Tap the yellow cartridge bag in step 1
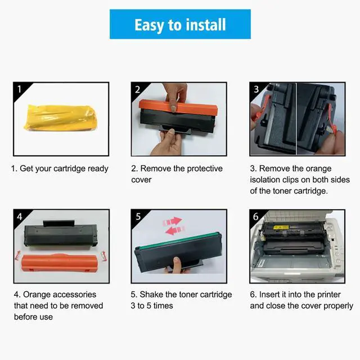click(60, 118)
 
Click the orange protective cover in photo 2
click(178, 108)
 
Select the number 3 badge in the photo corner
click(256, 89)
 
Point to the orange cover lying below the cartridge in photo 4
click(60, 263)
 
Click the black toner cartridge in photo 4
click(61, 234)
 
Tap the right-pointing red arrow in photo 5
click(173, 221)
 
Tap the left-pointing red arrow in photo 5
click(175, 230)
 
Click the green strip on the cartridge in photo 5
click(178, 241)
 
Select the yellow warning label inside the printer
click(281, 227)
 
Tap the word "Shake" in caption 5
click(151, 294)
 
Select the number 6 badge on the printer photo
click(256, 217)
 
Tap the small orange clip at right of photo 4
click(103, 256)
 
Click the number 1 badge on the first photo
click(19, 89)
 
